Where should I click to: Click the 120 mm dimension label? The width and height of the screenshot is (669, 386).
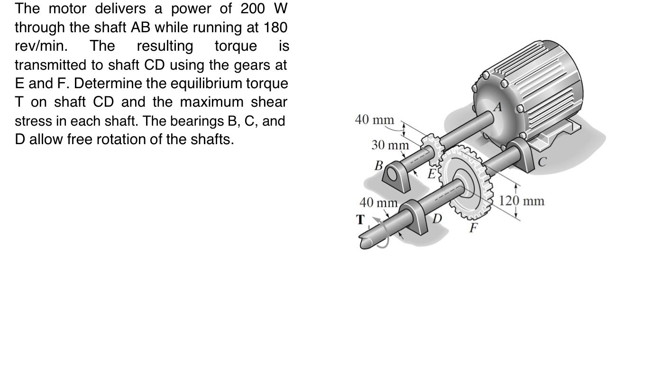click(522, 201)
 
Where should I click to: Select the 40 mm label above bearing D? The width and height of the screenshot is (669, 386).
click(378, 202)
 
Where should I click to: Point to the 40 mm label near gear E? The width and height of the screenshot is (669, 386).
click(374, 120)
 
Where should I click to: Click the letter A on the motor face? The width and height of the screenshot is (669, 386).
click(497, 107)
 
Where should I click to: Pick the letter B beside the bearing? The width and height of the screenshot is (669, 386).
click(378, 165)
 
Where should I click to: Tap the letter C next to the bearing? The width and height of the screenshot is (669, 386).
click(542, 162)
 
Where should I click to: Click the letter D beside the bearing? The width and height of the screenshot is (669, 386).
click(437, 219)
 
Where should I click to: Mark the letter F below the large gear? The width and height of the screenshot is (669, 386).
click(473, 228)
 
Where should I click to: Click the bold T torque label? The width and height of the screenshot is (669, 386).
click(361, 220)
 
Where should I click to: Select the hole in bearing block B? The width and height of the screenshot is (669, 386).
click(392, 177)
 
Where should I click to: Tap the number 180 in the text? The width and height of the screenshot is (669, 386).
click(275, 28)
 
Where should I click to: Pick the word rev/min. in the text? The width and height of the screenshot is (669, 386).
click(41, 46)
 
